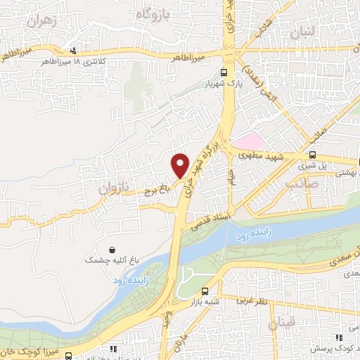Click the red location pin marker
[x=180, y=165]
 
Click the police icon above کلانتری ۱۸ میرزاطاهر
[x=74, y=50]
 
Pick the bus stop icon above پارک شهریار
[x=224, y=72]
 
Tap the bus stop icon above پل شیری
[x=313, y=156]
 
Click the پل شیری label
[x=313, y=167]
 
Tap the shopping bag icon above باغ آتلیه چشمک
[x=112, y=249]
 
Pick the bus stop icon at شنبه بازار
[x=205, y=291]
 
